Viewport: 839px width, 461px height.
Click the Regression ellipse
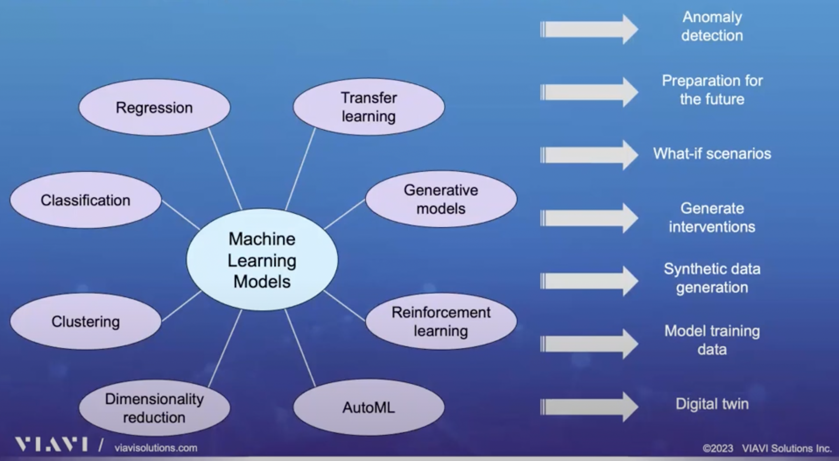154,107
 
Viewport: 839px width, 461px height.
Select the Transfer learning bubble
369,107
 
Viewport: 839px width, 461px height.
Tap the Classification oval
86,200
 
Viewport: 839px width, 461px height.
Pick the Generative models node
441,199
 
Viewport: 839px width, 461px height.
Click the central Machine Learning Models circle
262,260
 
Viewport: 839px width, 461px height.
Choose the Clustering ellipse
86,322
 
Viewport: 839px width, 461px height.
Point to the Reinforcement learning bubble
441,322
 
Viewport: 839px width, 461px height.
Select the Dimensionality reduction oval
154,408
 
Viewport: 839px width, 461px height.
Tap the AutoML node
369,408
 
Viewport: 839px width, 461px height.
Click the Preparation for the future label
712,90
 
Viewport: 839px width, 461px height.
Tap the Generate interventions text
712,218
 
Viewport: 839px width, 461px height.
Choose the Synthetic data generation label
712,278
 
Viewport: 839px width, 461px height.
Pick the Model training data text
712,340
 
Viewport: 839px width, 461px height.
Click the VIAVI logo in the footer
51,444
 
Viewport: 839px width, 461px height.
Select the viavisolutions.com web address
156,448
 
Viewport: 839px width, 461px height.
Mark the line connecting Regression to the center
225,169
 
